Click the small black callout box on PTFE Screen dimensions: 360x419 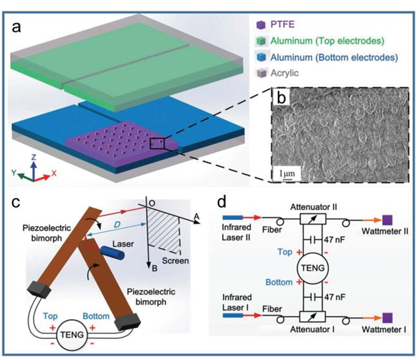[159, 143]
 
